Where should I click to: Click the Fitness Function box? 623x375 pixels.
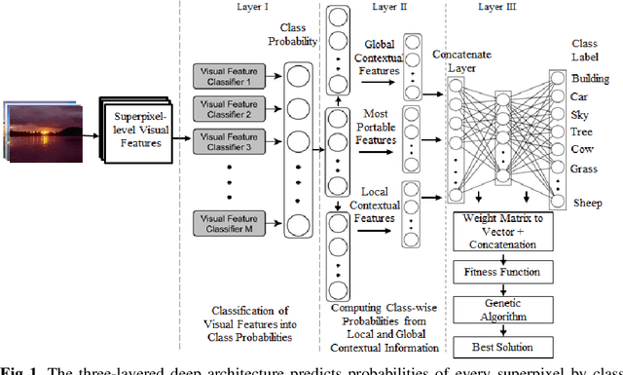[x=510, y=272]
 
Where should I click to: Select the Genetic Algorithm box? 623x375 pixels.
[x=510, y=309]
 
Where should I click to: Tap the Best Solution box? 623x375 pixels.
[x=510, y=346]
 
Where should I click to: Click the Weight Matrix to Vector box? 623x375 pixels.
[x=510, y=232]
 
